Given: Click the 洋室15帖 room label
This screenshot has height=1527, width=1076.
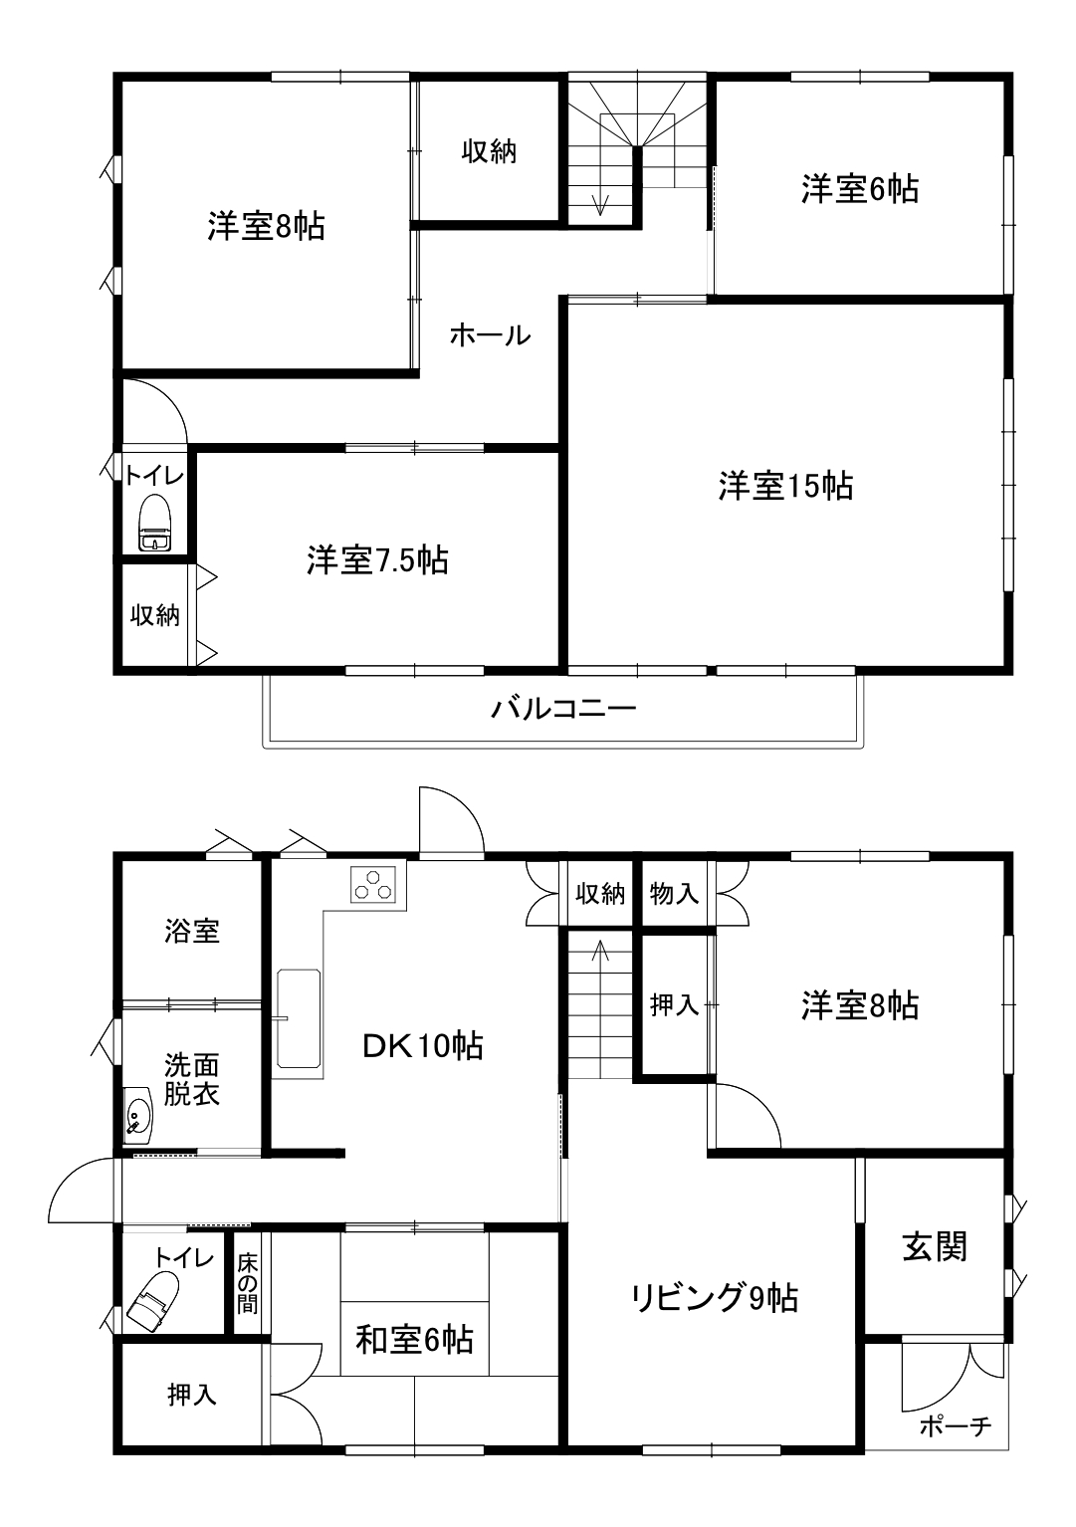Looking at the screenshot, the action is tap(785, 487).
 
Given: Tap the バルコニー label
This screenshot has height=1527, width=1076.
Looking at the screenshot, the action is tap(563, 709).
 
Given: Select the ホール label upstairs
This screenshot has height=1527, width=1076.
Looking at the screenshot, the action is tap(490, 334).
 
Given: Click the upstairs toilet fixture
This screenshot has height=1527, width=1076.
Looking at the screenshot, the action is tap(155, 523).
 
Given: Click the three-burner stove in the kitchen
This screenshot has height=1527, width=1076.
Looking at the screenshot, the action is tap(371, 884).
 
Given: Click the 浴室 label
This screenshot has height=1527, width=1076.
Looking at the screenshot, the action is tap(191, 931).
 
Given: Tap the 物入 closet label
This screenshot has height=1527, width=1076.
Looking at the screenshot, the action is tap(674, 893).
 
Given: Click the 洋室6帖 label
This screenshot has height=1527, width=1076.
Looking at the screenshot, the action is tap(860, 189).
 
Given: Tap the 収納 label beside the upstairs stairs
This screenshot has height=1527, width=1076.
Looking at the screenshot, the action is tap(489, 150).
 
